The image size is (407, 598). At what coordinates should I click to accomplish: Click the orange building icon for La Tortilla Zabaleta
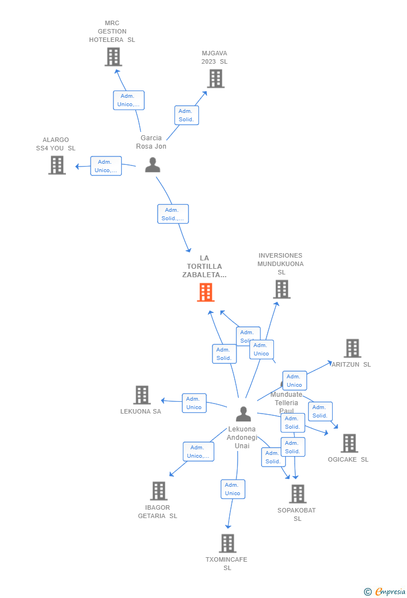tap(206, 292)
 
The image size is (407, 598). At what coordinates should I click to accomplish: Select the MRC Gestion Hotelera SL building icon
tap(113, 57)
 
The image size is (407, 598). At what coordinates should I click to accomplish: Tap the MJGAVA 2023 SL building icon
tap(215, 79)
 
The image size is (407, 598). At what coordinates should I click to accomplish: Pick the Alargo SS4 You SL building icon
tap(57, 165)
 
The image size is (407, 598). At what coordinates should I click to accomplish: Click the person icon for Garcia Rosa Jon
tap(152, 165)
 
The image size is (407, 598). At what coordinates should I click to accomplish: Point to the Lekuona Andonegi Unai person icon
tap(243, 414)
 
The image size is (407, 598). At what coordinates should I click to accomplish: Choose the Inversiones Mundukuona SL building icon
tap(282, 289)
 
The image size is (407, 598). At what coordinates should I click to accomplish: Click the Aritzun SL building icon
tap(352, 348)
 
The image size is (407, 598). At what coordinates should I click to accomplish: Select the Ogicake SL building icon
tap(349, 443)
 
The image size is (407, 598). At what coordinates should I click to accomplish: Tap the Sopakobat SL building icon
tap(297, 494)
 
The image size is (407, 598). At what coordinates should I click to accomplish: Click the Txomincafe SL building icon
tap(228, 543)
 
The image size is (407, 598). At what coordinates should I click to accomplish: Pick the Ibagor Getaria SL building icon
tap(159, 491)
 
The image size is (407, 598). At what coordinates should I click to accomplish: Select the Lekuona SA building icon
tap(142, 395)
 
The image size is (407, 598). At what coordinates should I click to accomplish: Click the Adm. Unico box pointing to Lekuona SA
tap(194, 403)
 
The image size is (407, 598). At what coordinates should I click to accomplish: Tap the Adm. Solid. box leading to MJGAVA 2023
tap(186, 115)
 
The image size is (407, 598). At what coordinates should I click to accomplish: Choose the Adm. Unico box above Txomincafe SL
tap(233, 489)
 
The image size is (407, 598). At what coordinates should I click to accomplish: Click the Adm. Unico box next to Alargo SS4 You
tap(106, 166)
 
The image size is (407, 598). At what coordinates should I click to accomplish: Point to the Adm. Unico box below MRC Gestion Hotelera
tap(129, 100)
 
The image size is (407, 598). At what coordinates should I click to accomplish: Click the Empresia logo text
tap(390, 592)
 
